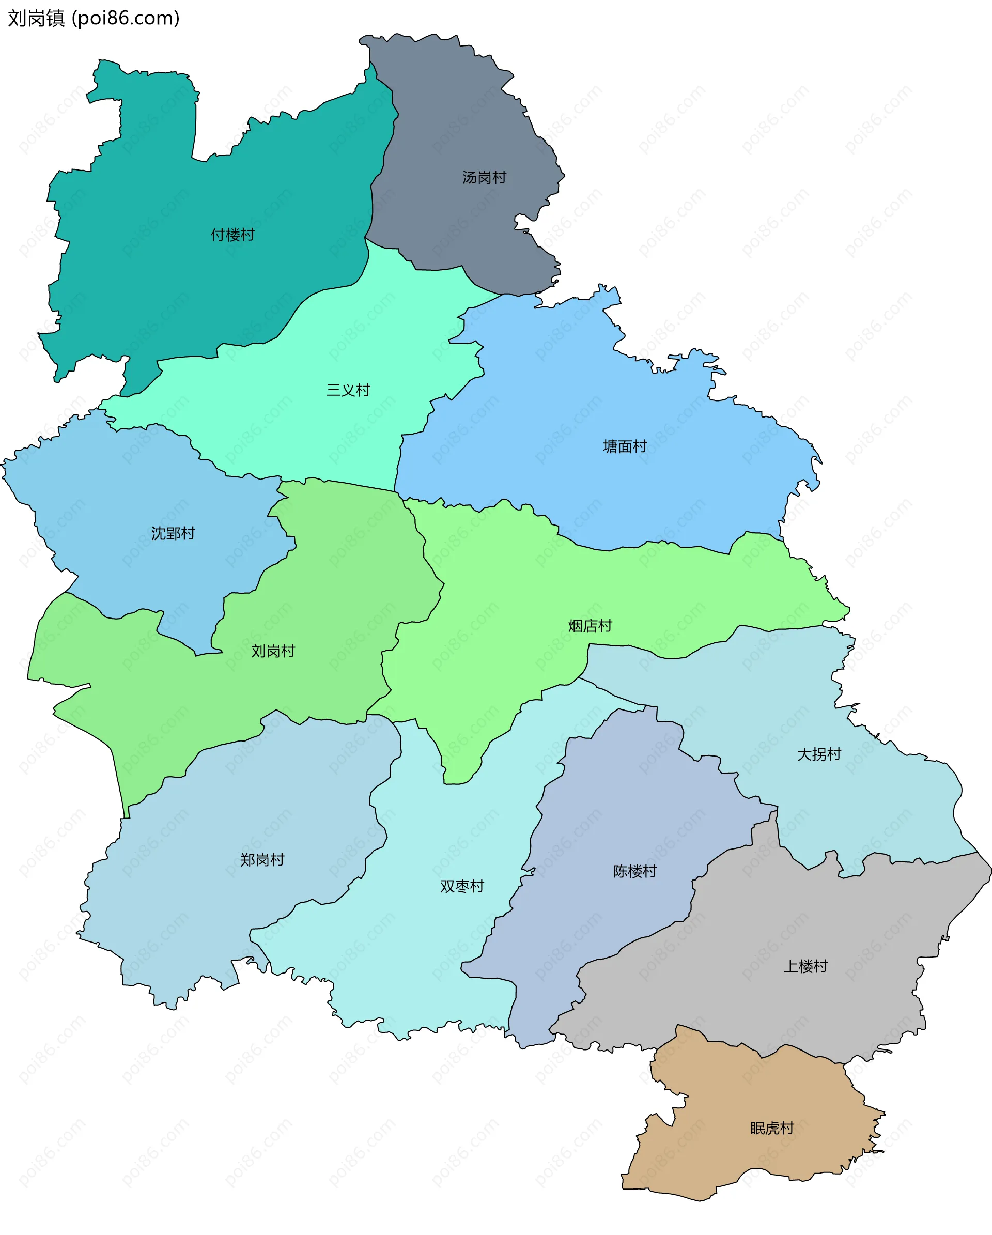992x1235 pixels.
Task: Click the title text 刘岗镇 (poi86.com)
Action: point(94,18)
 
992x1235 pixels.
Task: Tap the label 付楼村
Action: point(233,235)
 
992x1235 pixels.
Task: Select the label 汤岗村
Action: point(484,178)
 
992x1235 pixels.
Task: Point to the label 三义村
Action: point(348,390)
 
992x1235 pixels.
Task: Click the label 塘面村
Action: point(625,446)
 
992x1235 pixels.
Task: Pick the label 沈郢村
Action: point(173,533)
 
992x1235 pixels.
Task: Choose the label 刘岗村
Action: point(273,651)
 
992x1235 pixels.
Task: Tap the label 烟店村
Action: point(590,626)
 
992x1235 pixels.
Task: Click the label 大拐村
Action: point(819,754)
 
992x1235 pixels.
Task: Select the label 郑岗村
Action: point(262,860)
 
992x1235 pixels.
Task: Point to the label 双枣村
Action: point(461,886)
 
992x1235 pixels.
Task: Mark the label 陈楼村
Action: point(634,871)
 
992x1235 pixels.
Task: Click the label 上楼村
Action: point(805,966)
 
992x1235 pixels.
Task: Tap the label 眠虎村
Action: point(772,1128)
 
